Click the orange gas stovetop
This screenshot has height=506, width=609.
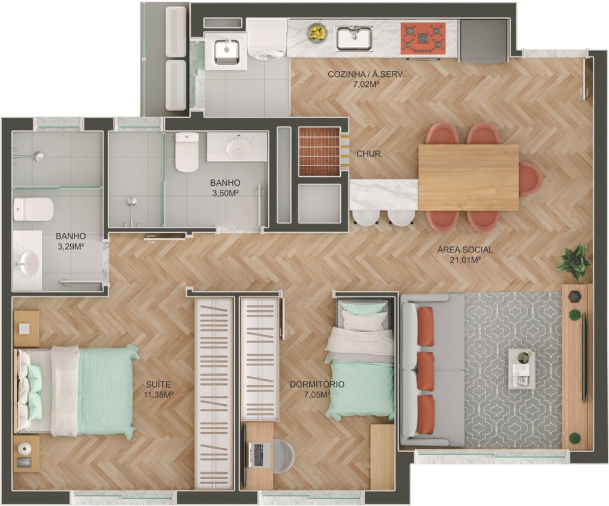[423, 38]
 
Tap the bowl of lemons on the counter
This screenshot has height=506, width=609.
[317, 33]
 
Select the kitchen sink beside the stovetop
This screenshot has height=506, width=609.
[354, 38]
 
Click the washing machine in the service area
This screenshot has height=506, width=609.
[266, 39]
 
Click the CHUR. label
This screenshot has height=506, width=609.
[369, 154]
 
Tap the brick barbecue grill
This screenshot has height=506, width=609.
[319, 151]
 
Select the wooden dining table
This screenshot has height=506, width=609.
[469, 177]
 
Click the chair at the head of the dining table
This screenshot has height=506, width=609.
[531, 179]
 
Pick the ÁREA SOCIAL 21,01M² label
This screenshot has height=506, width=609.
[465, 255]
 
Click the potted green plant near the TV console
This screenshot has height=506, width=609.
[574, 261]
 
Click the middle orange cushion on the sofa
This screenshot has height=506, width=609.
[426, 371]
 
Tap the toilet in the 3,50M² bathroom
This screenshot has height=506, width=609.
[187, 152]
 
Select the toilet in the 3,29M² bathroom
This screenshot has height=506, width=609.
[33, 210]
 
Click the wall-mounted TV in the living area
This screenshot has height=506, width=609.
[584, 357]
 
